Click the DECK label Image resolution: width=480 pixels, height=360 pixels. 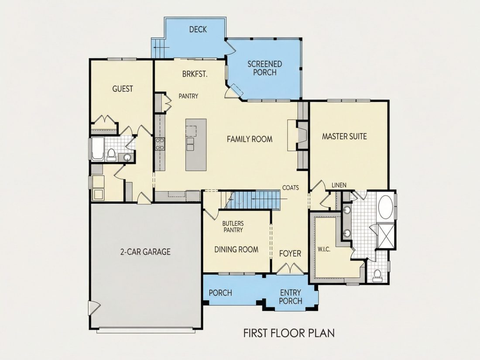coord(198,29)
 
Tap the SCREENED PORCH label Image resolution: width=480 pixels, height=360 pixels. coord(265,68)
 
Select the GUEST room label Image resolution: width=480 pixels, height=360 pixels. coord(123,89)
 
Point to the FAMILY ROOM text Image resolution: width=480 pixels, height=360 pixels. coord(250,139)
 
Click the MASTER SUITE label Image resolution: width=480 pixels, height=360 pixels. coord(344,136)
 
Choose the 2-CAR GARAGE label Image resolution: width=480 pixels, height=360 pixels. coord(145,252)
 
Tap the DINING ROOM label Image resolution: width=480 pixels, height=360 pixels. coord(236,250)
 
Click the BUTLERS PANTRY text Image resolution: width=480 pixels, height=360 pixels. coord(233,226)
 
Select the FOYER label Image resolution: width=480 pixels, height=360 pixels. coord(290,254)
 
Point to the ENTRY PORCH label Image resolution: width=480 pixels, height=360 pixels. coord(291,297)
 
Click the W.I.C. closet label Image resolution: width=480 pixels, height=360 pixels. coord(324,250)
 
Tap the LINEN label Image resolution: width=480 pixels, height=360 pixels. coord(339,185)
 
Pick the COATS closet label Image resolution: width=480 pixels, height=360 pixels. coord(290,188)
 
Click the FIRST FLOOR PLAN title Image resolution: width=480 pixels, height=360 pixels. coord(289,333)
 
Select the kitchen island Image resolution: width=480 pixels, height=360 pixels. coord(196,145)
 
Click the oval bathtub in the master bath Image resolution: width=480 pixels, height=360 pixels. coord(386,207)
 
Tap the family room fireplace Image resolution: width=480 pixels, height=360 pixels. coord(298,135)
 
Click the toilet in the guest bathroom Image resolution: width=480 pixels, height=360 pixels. coord(111,154)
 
